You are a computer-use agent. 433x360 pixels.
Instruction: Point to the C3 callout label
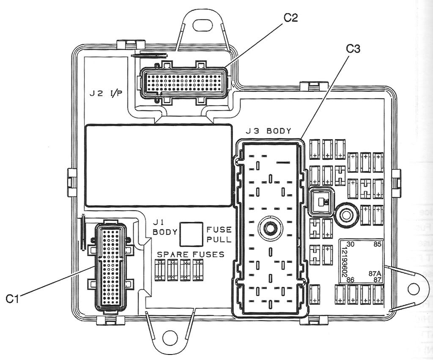[x=353, y=49]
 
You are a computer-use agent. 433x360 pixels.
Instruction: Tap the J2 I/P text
[x=106, y=93]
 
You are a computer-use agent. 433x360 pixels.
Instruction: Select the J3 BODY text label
[x=270, y=131]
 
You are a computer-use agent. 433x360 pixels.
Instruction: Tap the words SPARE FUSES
[x=191, y=254]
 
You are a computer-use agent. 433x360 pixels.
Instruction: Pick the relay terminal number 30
[x=350, y=245]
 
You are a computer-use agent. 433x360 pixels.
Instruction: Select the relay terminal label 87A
[x=375, y=273]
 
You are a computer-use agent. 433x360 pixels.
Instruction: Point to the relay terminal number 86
[x=350, y=280]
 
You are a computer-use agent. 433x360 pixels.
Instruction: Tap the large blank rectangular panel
[x=159, y=165]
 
